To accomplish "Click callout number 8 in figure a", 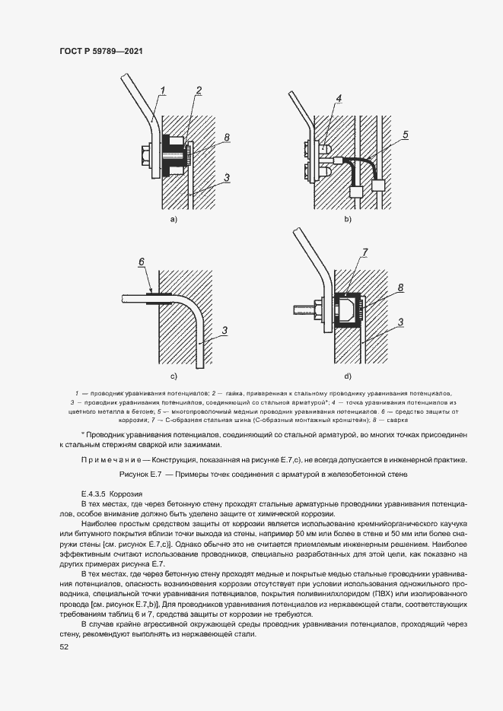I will pyautogui.click(x=227, y=137).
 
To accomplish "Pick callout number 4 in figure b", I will pyautogui.click(x=339, y=99).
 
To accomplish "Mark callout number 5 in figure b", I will pyautogui.click(x=406, y=135).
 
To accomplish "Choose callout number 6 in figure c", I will pyautogui.click(x=141, y=261).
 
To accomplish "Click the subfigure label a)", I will pyautogui.click(x=174, y=219).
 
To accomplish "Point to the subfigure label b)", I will pyautogui.click(x=348, y=219).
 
